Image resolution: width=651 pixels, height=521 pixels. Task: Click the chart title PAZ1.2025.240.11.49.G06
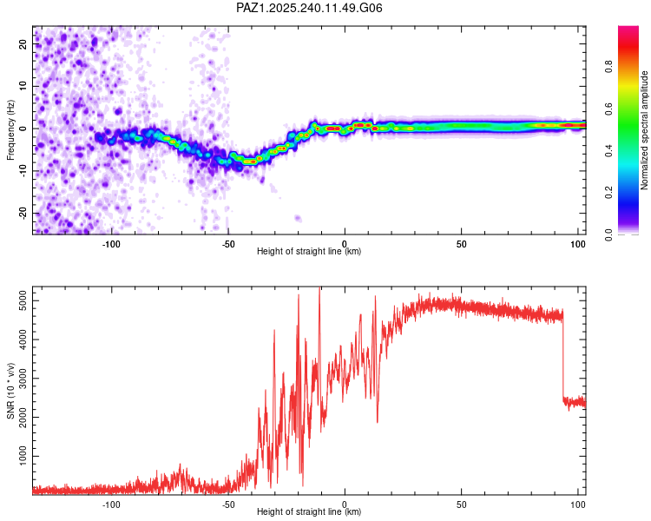click(322, 8)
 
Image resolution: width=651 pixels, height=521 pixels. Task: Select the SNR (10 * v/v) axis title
click(10, 391)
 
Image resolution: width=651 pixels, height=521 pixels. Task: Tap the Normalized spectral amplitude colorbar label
click(644, 130)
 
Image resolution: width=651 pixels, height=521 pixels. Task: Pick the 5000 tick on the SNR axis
click(17, 301)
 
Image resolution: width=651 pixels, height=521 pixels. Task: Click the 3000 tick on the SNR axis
click(17, 379)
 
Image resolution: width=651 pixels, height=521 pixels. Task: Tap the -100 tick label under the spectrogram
click(111, 243)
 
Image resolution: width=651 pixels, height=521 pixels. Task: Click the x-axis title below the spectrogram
click(309, 252)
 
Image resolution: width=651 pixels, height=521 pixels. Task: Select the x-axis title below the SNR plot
click(309, 512)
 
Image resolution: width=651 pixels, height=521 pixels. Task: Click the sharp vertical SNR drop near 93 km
click(562, 356)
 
